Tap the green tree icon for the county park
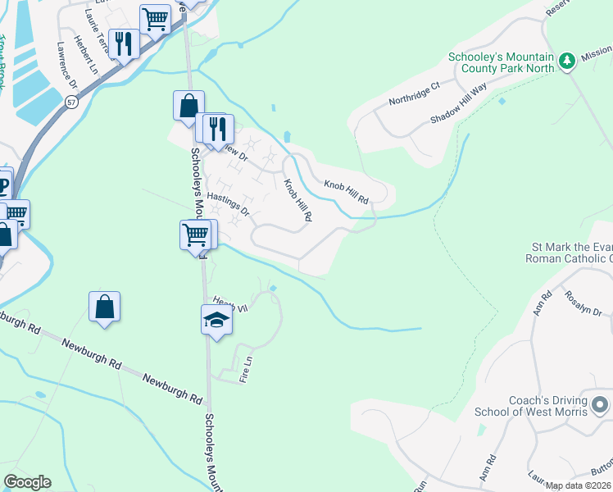tap(566, 61)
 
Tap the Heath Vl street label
tap(230, 303)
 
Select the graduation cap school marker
tap(216, 319)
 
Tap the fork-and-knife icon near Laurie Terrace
tap(124, 43)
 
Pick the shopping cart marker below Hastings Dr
tap(195, 235)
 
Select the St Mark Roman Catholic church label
tap(571, 252)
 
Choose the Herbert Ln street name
tap(83, 51)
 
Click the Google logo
tap(27, 482)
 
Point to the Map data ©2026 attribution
tap(578, 485)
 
